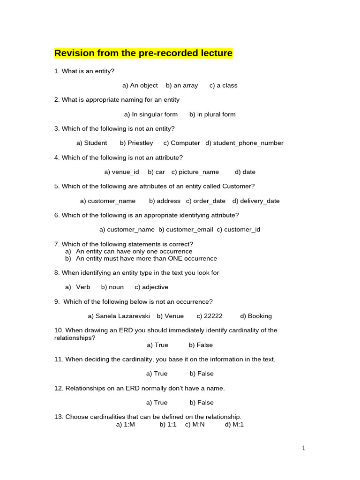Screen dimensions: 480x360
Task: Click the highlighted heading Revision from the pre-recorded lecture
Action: pos(143,53)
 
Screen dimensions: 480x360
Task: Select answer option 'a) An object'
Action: pos(140,85)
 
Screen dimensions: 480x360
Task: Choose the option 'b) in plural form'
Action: pos(212,114)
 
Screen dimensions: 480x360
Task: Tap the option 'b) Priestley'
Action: pos(136,143)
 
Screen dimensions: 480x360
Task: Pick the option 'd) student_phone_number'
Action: pos(244,143)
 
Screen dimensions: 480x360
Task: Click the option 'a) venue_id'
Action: pos(121,172)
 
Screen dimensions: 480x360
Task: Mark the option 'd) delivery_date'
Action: pos(256,201)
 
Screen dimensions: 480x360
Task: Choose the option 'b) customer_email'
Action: pos(186,230)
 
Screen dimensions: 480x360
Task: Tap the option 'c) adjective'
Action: pos(151,287)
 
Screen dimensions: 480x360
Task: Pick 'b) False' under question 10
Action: pos(201,345)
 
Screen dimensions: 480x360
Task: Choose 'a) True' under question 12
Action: pos(157,403)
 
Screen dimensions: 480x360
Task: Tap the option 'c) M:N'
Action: pos(195,425)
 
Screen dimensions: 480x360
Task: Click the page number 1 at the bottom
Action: pos(304,448)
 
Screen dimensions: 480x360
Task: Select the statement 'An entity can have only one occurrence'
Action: pos(134,251)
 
